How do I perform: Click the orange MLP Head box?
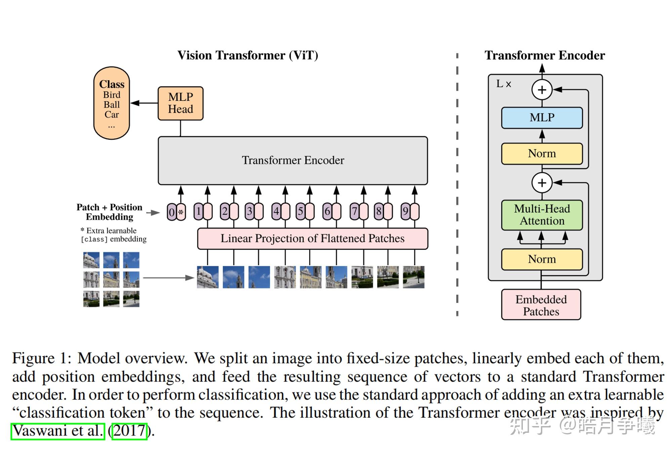tap(180, 103)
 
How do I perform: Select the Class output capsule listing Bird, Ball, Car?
tap(112, 103)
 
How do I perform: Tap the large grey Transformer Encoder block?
tap(293, 161)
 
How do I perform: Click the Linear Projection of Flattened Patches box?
tap(312, 239)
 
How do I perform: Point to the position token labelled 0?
tap(172, 212)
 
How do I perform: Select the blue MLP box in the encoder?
tap(542, 118)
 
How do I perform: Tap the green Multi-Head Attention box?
tap(542, 215)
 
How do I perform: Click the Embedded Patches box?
tap(541, 305)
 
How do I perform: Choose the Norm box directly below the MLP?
tap(542, 154)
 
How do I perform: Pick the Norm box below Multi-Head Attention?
tap(542, 259)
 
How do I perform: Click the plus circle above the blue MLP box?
tap(542, 90)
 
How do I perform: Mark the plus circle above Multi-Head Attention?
tap(542, 183)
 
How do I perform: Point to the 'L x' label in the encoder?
tap(503, 84)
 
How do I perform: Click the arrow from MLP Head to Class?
tap(144, 103)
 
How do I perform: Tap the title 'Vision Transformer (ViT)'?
tap(248, 56)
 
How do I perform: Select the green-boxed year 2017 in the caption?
tap(129, 431)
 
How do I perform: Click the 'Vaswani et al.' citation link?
tap(58, 431)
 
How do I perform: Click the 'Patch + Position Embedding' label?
tap(110, 212)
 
